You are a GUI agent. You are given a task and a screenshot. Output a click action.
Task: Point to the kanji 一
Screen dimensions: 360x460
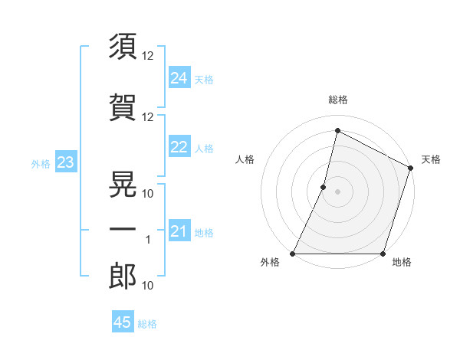click(123, 230)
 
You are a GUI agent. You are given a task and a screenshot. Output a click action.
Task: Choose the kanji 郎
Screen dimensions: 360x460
click(123, 277)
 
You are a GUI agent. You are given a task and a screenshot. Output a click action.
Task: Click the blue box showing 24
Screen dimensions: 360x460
click(179, 77)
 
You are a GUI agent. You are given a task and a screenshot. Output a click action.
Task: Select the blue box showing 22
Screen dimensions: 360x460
click(179, 147)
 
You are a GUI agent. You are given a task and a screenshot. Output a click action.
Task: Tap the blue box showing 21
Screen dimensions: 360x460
click(179, 231)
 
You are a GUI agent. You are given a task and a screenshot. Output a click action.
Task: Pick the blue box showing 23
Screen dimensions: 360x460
click(65, 162)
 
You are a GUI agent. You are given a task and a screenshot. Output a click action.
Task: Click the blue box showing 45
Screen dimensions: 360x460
click(123, 322)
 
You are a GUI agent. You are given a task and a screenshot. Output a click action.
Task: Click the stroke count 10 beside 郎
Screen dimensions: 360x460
click(148, 286)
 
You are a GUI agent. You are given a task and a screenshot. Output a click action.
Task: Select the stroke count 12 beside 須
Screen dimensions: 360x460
click(148, 55)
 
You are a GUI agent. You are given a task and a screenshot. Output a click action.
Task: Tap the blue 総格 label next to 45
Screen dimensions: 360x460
click(147, 324)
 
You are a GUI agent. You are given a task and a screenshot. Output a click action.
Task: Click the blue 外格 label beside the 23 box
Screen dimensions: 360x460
click(40, 163)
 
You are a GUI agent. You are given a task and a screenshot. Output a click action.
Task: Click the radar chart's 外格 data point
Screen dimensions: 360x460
click(293, 254)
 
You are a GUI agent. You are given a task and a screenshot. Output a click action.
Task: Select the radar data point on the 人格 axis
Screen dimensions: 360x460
click(324, 187)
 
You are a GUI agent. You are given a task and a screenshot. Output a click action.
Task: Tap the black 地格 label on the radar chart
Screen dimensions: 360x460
click(402, 262)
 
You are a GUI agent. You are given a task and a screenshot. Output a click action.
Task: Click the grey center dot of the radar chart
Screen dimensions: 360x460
click(337, 191)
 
